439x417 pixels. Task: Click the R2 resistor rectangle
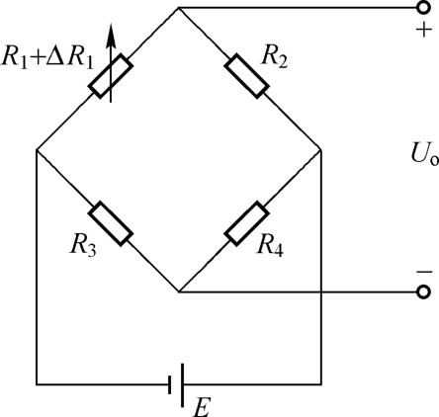tap(246, 76)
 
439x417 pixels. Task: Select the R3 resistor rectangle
tap(111, 223)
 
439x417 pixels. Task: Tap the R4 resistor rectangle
tap(246, 223)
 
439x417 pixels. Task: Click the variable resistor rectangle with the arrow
tap(111, 76)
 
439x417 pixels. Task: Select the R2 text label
tap(274, 58)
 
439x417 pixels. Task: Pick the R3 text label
tap(83, 245)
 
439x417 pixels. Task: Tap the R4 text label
tap(270, 245)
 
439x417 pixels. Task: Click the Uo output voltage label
tap(425, 154)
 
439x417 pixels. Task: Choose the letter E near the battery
tap(201, 408)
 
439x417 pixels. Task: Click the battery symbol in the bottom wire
tap(176, 384)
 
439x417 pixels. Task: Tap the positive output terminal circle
tap(423, 8)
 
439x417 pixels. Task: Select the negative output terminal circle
tap(423, 292)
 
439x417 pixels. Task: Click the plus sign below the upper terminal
tap(424, 30)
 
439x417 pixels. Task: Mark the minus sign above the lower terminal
tap(424, 272)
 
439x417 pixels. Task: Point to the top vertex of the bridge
tap(179, 8)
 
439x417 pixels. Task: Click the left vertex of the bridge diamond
tap(37, 150)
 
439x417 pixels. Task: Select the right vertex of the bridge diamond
tap(321, 150)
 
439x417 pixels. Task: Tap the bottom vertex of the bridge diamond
tap(179, 292)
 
